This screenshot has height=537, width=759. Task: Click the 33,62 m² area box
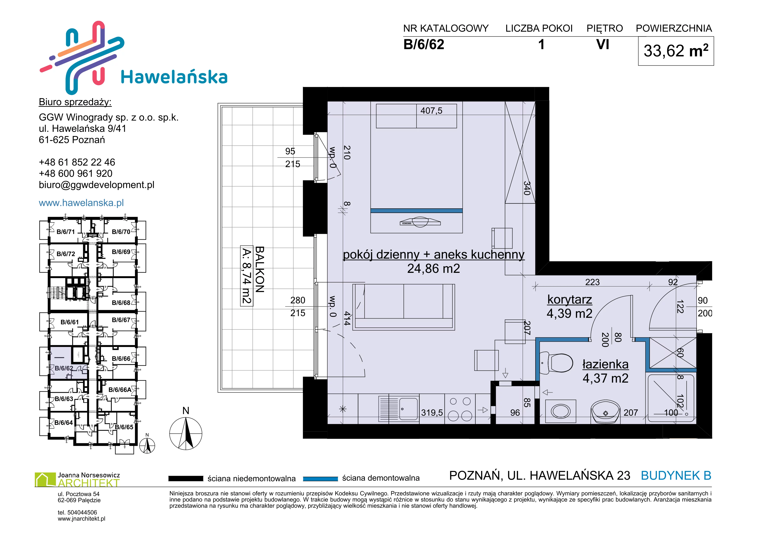pyautogui.click(x=676, y=51)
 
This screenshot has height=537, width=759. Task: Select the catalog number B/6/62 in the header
pyautogui.click(x=424, y=44)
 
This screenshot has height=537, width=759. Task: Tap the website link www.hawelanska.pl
pyautogui.click(x=81, y=203)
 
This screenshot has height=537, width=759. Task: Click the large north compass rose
pyautogui.click(x=186, y=433)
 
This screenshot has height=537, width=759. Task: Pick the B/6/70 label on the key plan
pyautogui.click(x=121, y=232)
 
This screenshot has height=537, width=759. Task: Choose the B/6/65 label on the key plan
pyautogui.click(x=124, y=427)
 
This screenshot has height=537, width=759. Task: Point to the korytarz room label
pyautogui.click(x=570, y=299)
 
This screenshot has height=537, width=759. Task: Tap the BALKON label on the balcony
pyautogui.click(x=259, y=270)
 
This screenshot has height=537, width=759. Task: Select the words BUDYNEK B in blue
pyautogui.click(x=676, y=476)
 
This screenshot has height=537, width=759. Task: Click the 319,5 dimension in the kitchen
pyautogui.click(x=432, y=413)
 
